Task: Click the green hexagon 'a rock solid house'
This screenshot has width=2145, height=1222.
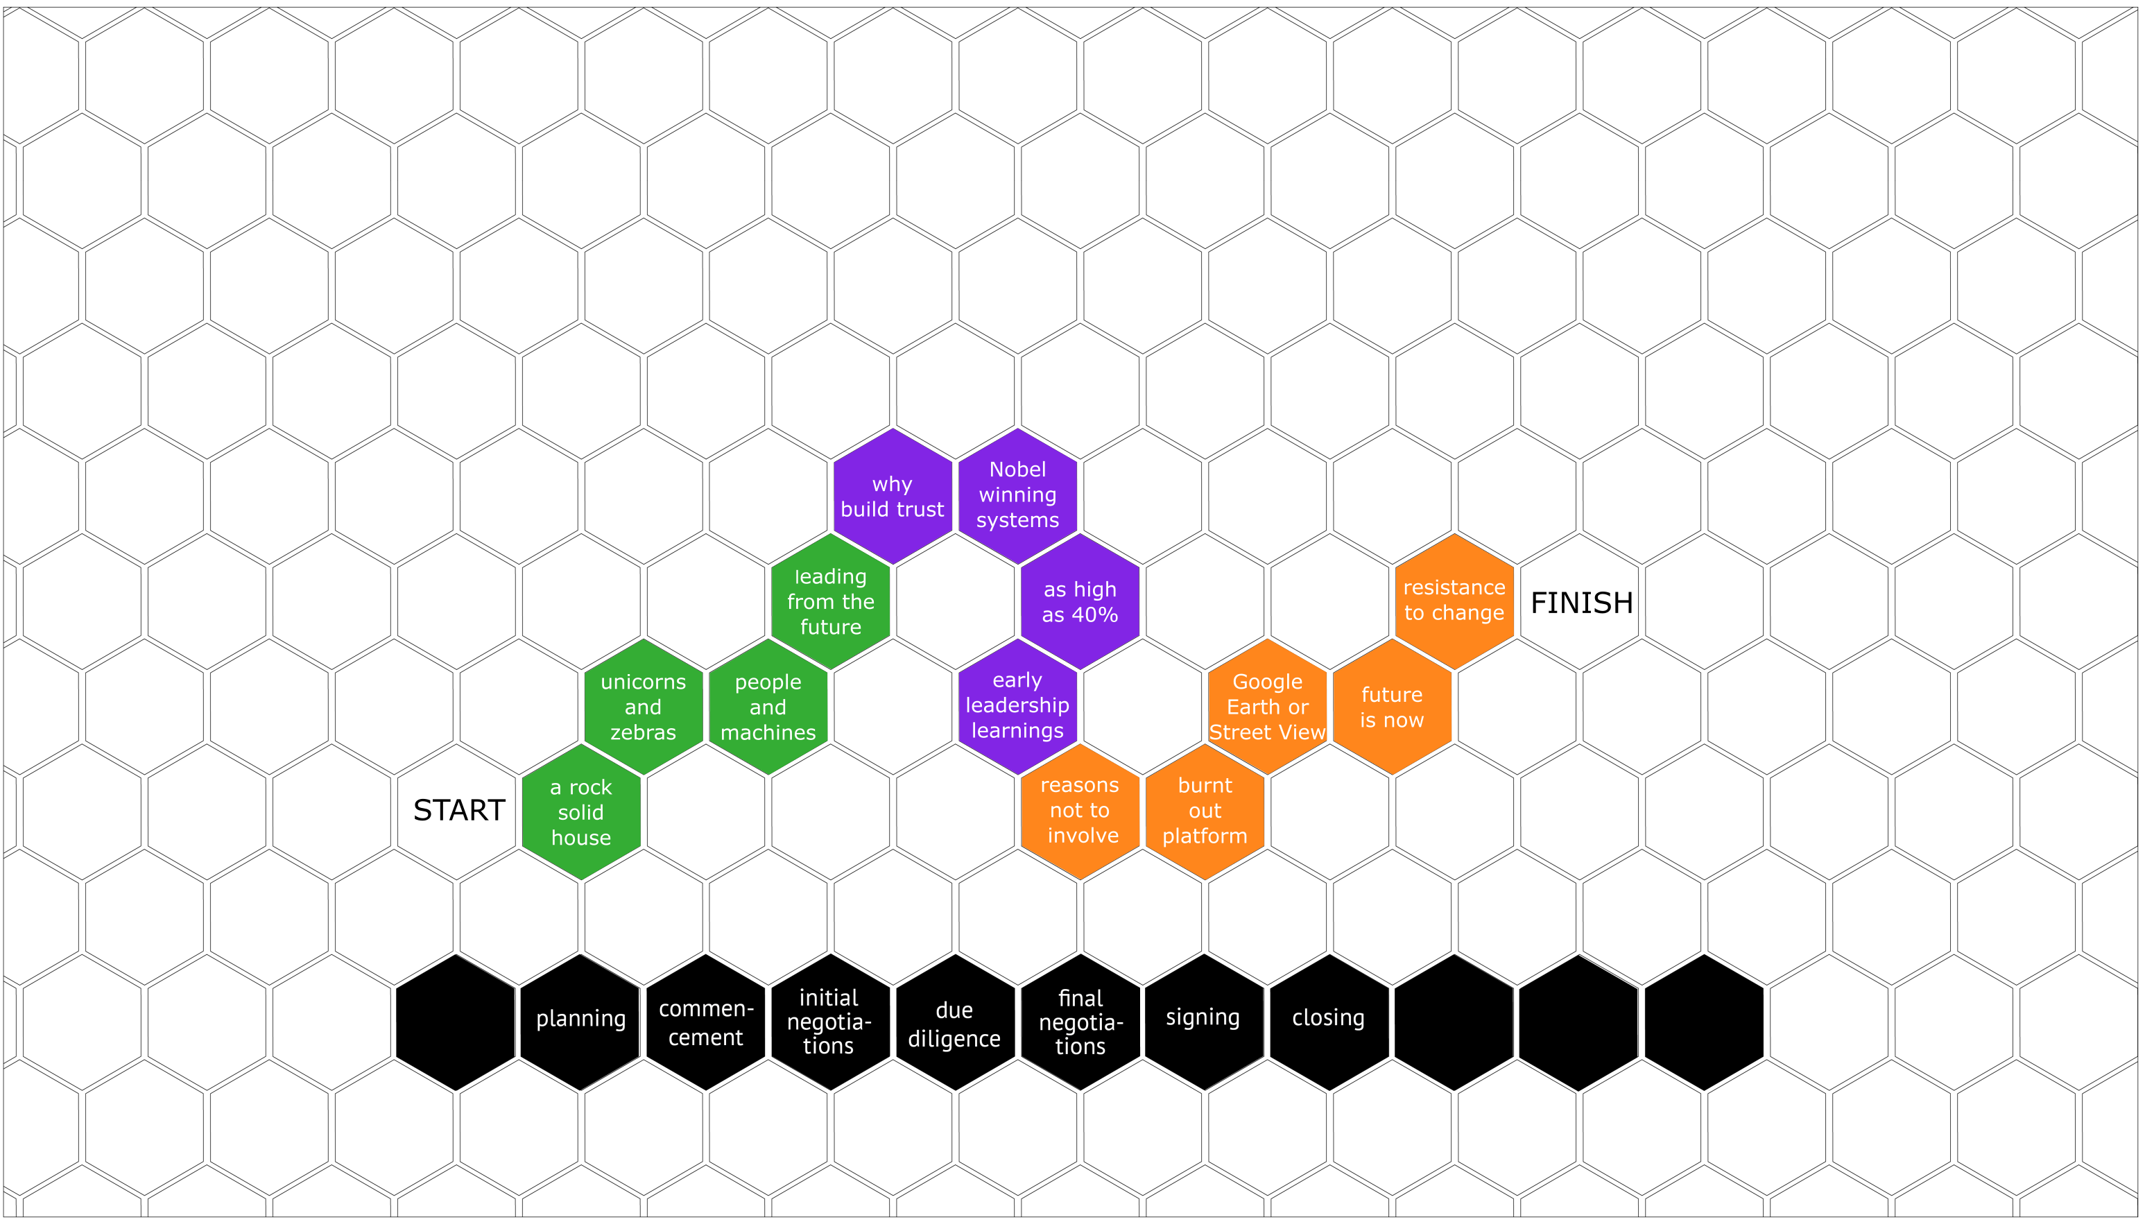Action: point(582,811)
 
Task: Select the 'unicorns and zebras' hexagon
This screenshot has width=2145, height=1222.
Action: point(644,707)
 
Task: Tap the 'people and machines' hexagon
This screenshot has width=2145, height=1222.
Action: point(768,707)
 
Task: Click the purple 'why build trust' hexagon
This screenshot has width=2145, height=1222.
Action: point(893,496)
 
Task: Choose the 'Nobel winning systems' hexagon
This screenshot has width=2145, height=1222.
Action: point(1018,495)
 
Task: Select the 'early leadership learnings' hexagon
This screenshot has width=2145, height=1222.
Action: point(1018,706)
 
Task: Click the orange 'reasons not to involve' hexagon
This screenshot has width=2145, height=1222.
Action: point(1080,811)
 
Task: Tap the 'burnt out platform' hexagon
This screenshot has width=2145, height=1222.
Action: point(1205,811)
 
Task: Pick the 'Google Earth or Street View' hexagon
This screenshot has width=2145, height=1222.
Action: point(1267,707)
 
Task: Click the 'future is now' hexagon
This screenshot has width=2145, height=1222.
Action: point(1393,707)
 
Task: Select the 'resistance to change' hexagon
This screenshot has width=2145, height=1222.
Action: point(1454,601)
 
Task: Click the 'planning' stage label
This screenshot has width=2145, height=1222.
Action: point(580,1018)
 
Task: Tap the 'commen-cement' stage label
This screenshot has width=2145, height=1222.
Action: point(706,1023)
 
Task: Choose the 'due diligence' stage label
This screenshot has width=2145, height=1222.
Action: point(954,1024)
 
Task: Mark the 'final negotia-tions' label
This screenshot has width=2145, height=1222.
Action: point(1081,1022)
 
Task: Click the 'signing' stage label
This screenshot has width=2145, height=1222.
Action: point(1203,1017)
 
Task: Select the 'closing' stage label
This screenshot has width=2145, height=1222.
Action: point(1329,1017)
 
